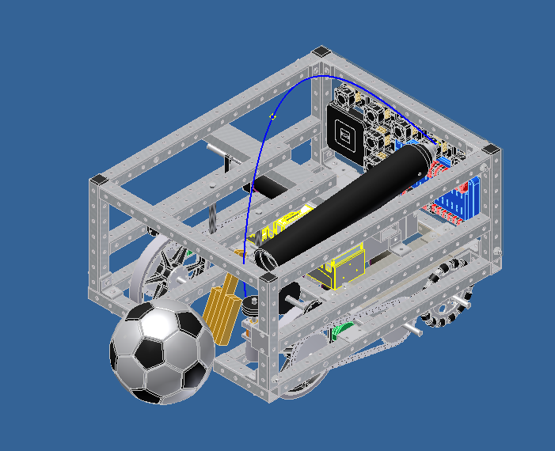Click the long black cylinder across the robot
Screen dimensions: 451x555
pyautogui.click(x=348, y=203)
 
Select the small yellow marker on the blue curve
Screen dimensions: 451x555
pyautogui.click(x=273, y=116)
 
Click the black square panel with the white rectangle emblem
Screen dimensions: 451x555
pyautogui.click(x=345, y=131)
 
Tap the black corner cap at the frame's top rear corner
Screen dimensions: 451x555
pyautogui.click(x=320, y=52)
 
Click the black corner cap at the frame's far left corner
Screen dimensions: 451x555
pyautogui.click(x=98, y=180)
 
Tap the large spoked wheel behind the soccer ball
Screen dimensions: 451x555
pyautogui.click(x=162, y=269)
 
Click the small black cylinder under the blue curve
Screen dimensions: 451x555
pyautogui.click(x=266, y=188)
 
